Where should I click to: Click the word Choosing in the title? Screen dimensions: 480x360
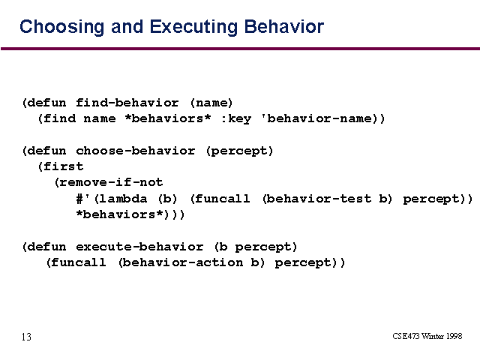tap(61, 27)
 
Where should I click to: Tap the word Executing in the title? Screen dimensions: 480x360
tap(193, 27)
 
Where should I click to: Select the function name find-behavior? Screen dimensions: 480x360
tap(127, 103)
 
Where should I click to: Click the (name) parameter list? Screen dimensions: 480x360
tap(211, 103)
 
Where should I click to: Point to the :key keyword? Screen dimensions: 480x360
tap(236, 118)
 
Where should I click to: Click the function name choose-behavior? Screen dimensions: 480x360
tap(135, 151)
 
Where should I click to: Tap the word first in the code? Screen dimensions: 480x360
tap(63, 166)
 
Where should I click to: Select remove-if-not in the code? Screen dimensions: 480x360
tap(111, 182)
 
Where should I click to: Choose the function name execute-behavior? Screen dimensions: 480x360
tap(139, 247)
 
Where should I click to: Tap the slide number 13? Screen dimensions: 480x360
tap(26, 337)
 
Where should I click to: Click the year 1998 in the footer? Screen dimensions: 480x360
tap(454, 336)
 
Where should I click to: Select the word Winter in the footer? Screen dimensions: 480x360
tap(433, 336)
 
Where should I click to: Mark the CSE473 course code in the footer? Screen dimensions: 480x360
tap(406, 336)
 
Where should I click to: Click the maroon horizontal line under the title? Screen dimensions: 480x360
tap(240, 49)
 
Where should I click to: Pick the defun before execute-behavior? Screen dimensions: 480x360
tap(46, 247)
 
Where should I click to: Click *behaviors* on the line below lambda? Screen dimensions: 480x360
tap(120, 214)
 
